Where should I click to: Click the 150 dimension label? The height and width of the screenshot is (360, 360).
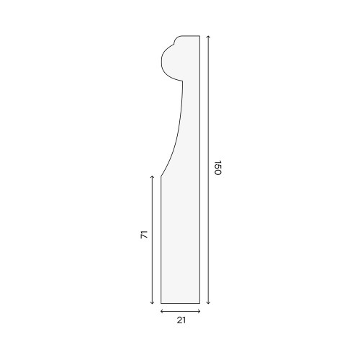click(x=217, y=168)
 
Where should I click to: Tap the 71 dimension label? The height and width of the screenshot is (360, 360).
click(x=144, y=235)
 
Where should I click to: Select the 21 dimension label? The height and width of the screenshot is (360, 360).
click(x=181, y=320)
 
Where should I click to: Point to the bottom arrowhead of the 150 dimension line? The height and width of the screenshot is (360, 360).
click(x=208, y=303)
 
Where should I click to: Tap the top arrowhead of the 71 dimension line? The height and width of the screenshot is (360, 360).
click(x=152, y=176)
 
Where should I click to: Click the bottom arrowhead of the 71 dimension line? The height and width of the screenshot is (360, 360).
click(x=152, y=303)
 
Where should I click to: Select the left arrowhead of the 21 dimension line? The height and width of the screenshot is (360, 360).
click(x=161, y=312)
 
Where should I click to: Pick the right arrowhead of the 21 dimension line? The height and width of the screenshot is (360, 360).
click(x=199, y=312)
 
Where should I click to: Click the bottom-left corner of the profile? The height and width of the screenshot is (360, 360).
click(x=161, y=303)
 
